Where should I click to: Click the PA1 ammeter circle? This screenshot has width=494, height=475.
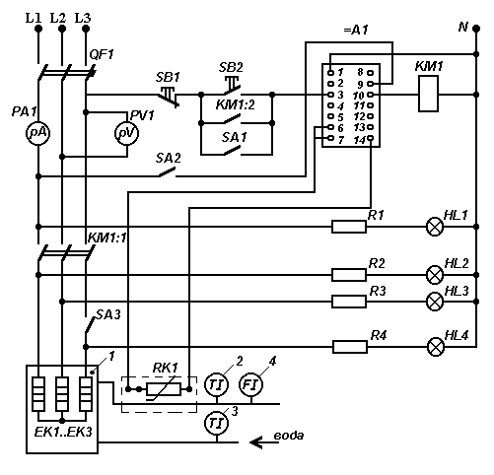coord(37,133)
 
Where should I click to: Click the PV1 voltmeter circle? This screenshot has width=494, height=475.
coord(127,133)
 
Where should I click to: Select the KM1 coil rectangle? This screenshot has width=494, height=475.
coord(428,94)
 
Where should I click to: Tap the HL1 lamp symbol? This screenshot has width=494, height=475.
coord(435,227)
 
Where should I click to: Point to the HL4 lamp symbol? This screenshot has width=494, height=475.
coord(436,347)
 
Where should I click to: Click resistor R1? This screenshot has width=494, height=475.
coord(349,227)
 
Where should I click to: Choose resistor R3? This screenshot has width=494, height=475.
coord(349,302)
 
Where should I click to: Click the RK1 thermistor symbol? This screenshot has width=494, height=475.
coord(164,389)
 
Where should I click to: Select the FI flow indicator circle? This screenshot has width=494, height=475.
coord(251,384)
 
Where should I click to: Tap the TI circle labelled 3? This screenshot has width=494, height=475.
coord(217,423)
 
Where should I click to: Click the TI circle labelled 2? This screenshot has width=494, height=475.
coord(217,384)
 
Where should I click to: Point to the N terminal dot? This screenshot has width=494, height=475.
coord(476,29)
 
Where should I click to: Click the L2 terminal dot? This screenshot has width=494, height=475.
coord(62,29)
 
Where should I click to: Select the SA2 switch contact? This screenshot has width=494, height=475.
coord(168,172)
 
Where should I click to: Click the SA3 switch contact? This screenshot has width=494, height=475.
coord(90,324)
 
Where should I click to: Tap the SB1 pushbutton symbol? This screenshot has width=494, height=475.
coord(169,96)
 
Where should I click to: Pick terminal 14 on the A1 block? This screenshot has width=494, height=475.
coord(371,138)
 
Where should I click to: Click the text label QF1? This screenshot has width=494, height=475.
coord(102,54)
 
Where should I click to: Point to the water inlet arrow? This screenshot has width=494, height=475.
coord(264,442)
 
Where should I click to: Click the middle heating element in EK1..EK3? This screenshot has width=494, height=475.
coord(62,394)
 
